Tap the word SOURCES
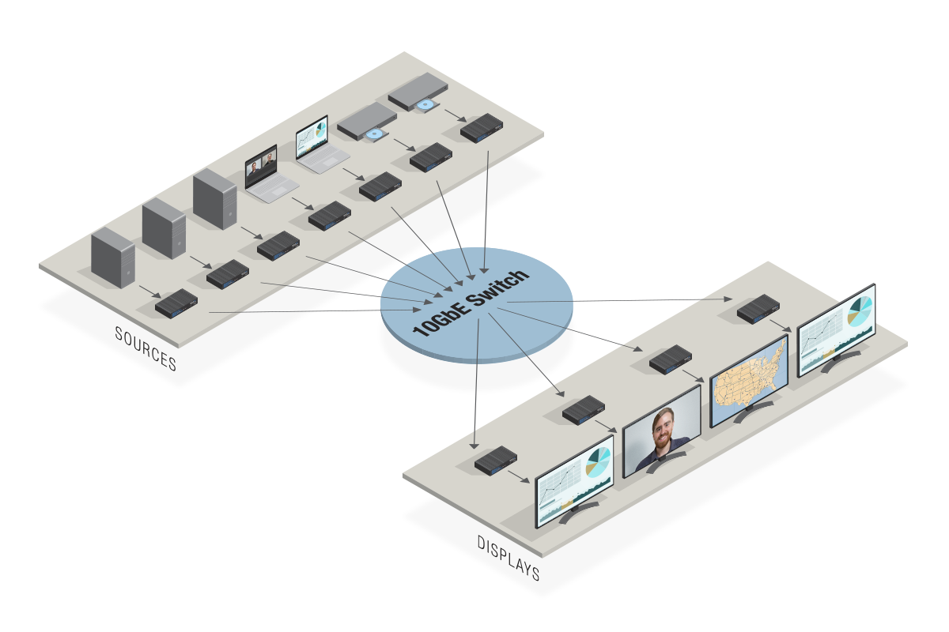click(146, 348)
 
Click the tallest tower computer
click(214, 201)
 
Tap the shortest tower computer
click(113, 257)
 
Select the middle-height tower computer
click(164, 229)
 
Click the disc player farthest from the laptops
click(416, 92)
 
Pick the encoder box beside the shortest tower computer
click(176, 302)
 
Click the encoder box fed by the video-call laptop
click(329, 215)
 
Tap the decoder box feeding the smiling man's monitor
click(584, 408)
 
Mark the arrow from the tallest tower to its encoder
click(251, 234)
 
